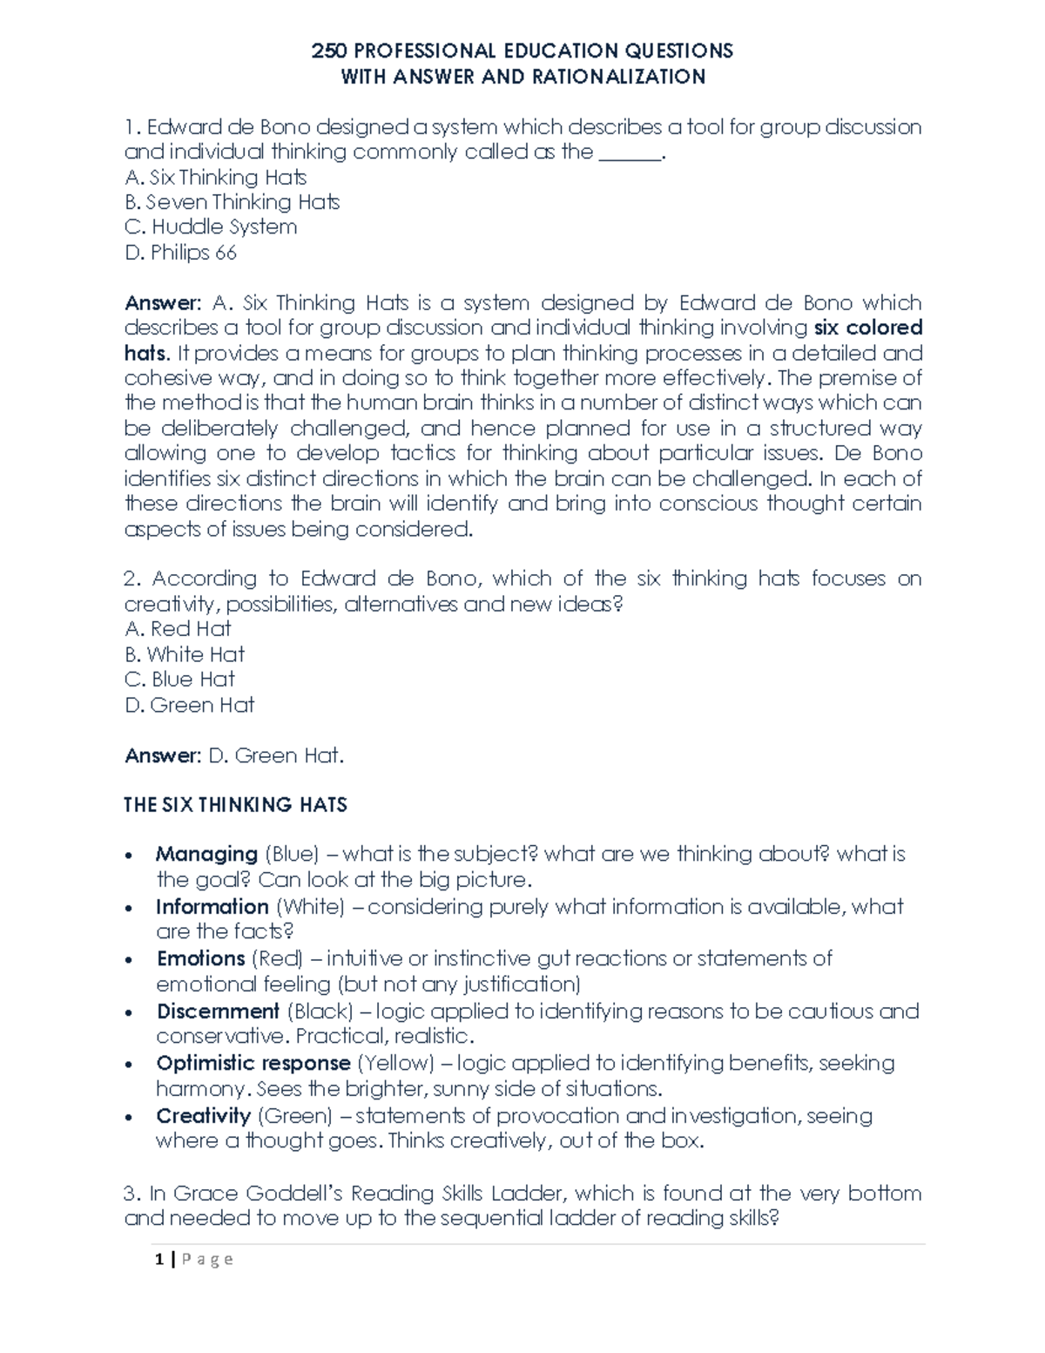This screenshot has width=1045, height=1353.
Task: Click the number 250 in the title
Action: tap(328, 51)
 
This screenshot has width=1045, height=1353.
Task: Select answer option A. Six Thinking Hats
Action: tap(215, 178)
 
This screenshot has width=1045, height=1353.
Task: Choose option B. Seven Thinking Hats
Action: tap(232, 202)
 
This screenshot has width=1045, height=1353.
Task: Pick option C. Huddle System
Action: tap(211, 227)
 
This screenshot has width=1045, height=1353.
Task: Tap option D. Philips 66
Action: tap(180, 253)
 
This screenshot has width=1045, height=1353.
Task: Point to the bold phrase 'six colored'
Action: tap(867, 328)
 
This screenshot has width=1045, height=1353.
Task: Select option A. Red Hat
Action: tap(178, 629)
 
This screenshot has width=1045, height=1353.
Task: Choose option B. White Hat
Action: tap(185, 654)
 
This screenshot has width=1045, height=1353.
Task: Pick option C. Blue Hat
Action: tap(179, 680)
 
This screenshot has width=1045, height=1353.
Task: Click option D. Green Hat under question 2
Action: tap(189, 705)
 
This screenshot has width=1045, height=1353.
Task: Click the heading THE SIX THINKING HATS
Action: tap(235, 805)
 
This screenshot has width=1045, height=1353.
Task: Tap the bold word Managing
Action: tap(206, 855)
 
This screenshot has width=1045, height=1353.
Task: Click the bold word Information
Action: tap(212, 907)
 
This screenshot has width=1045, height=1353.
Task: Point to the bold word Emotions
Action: tap(200, 959)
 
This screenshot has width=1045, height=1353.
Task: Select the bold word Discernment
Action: tap(218, 1011)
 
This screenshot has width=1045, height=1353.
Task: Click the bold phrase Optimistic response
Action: tap(253, 1064)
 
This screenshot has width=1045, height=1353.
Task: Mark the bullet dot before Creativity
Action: tap(130, 1118)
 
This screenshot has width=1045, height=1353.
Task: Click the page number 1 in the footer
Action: tap(158, 1259)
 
